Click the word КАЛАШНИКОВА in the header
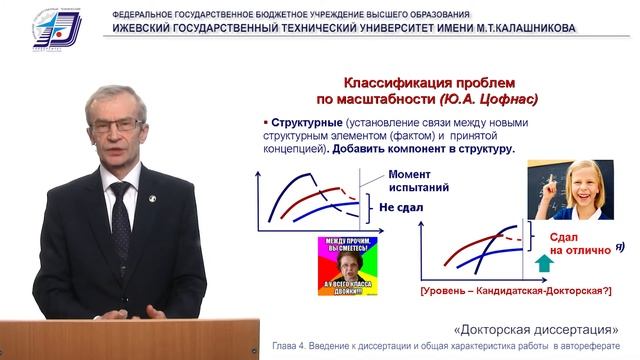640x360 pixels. (x=526, y=28)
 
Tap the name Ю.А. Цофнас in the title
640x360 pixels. (x=487, y=99)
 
